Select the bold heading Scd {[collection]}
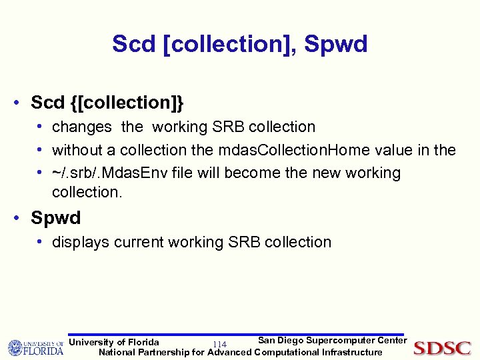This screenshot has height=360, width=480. pyautogui.click(x=107, y=103)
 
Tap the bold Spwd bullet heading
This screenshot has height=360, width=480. pyautogui.click(x=56, y=218)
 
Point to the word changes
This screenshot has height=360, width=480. pyautogui.click(x=83, y=127)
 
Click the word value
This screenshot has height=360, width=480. pyautogui.click(x=390, y=150)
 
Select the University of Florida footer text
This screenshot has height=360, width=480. pyautogui.click(x=114, y=342)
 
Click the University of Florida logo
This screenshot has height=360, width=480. pyautogui.click(x=35, y=347)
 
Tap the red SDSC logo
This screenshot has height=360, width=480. pyautogui.click(x=442, y=347)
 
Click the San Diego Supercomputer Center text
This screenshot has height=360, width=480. pyautogui.click(x=331, y=341)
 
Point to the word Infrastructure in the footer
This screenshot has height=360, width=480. pyautogui.click(x=352, y=352)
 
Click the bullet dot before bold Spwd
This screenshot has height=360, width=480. pyautogui.click(x=21, y=218)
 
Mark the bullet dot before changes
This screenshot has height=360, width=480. pyautogui.click(x=41, y=127)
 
